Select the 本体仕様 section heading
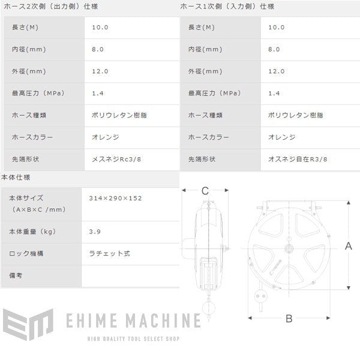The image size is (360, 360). [16, 178]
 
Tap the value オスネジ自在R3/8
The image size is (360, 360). [299, 159]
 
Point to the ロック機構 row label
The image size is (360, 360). [27, 253]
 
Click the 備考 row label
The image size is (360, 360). [19, 276]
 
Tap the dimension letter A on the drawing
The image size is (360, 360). [348, 245]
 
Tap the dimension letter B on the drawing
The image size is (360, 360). [289, 319]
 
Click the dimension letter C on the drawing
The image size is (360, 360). [205, 191]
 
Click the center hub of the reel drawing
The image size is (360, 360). [289, 246]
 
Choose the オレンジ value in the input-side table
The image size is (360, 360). [282, 137]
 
